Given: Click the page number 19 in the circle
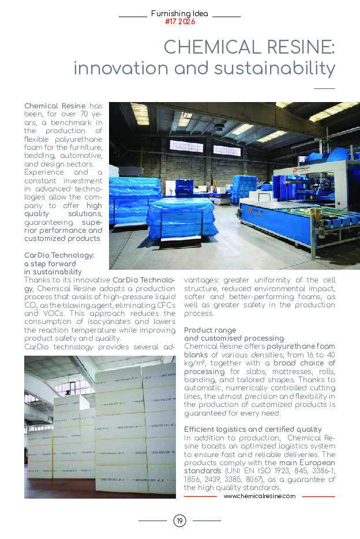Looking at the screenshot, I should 179,521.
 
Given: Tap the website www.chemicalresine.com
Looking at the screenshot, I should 259,496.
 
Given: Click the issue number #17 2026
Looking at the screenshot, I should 179,22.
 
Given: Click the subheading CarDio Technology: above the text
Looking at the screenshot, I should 58,255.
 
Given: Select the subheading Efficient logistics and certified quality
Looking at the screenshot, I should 253,429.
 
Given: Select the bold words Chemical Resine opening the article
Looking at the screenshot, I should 55,106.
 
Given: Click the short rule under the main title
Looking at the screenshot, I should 324,88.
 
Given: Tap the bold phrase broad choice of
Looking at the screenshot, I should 305,363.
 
